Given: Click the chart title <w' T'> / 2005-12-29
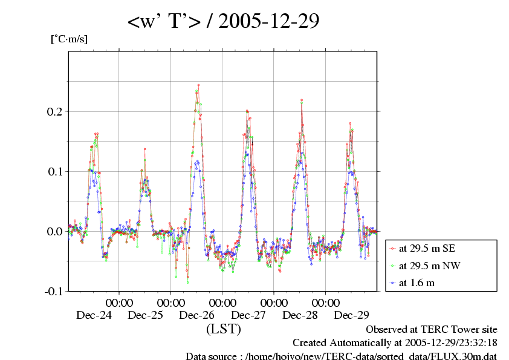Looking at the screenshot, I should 223,22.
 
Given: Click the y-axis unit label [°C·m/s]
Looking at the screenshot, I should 69,39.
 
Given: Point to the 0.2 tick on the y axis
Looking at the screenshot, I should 54,112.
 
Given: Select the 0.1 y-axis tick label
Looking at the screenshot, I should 54,171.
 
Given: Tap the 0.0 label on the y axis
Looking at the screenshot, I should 54,231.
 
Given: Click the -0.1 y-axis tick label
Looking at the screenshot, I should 53,291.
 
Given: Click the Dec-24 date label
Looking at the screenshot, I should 94,315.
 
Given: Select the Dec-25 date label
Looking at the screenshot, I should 146,315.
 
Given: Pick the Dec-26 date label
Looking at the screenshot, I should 197,315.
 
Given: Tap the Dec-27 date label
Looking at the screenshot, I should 248,315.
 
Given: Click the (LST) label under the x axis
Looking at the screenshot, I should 223,329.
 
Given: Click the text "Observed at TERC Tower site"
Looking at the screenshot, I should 431,330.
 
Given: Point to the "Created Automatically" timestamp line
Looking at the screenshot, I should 395,343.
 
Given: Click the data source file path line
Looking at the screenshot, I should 341,356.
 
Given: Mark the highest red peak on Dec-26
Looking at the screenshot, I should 198,85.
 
